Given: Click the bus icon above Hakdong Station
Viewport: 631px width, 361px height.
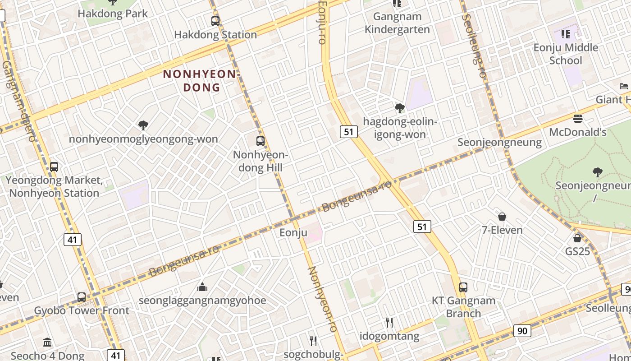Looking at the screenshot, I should pyautogui.click(x=215, y=21).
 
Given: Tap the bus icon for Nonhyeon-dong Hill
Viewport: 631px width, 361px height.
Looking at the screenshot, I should pyautogui.click(x=261, y=141).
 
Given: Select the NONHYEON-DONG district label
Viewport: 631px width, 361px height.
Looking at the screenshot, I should pyautogui.click(x=201, y=80).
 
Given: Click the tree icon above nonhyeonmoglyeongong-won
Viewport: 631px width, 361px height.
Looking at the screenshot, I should pyautogui.click(x=143, y=125).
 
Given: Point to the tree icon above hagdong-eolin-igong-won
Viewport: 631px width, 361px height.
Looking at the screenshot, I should pyautogui.click(x=399, y=108).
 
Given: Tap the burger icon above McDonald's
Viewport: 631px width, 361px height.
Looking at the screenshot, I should pyautogui.click(x=578, y=119).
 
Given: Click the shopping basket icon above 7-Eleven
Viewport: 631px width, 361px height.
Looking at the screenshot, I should pyautogui.click(x=502, y=217).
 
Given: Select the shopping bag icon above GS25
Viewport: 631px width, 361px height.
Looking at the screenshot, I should pyautogui.click(x=577, y=238).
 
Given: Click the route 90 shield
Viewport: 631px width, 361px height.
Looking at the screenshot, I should pyautogui.click(x=522, y=331).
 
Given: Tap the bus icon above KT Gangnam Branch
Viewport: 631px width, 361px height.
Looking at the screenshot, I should pyautogui.click(x=463, y=287).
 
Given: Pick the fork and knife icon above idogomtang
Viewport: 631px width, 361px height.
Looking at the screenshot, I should pyautogui.click(x=389, y=322).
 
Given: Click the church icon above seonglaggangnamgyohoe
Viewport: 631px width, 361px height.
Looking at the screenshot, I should pyautogui.click(x=202, y=287).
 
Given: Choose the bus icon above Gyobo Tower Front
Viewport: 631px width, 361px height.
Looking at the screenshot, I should pyautogui.click(x=82, y=297).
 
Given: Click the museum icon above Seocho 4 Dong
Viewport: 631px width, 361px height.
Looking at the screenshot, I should pyautogui.click(x=47, y=342).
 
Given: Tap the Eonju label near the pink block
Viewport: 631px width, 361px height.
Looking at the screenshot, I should pyautogui.click(x=293, y=233).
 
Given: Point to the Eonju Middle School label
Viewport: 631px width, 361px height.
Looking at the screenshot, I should pyautogui.click(x=566, y=54).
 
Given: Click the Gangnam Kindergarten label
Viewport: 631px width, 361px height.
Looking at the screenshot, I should pyautogui.click(x=397, y=23).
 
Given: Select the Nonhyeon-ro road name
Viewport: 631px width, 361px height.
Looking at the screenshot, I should pyautogui.click(x=322, y=299).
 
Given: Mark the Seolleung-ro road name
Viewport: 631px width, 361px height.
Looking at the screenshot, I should pyautogui.click(x=474, y=45).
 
